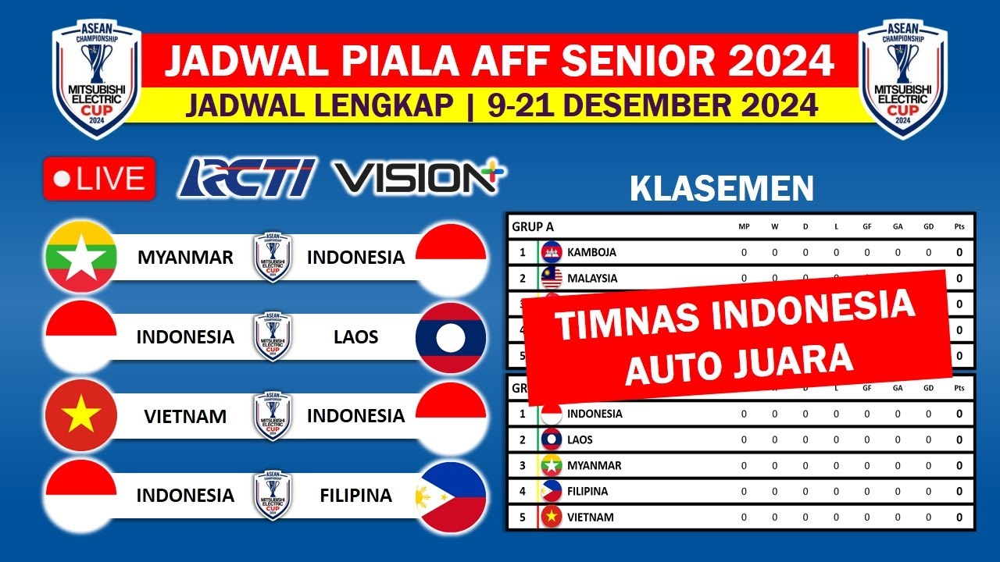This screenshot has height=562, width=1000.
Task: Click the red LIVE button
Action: coord(99,179)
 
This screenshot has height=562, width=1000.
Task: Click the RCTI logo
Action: coord(247,178)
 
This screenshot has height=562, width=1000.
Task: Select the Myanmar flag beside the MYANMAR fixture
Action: coord(81,257)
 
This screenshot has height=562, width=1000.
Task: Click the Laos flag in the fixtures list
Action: coord(451,337)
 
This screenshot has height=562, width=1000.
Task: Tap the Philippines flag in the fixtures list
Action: coord(451,496)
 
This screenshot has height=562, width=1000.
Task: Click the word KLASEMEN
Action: coord(721,189)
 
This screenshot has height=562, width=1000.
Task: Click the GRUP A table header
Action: coord(533,227)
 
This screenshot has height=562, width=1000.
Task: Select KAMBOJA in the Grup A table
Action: coord(591,252)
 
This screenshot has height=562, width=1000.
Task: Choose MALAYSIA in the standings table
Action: coord(592,278)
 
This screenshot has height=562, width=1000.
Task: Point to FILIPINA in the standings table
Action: coord(587,492)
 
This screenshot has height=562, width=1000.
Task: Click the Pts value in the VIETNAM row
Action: coord(959,518)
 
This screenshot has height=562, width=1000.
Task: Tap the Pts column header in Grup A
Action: coord(959,227)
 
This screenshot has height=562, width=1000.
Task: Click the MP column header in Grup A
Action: coord(744,227)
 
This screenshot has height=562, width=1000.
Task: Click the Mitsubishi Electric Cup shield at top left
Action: coord(97,80)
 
